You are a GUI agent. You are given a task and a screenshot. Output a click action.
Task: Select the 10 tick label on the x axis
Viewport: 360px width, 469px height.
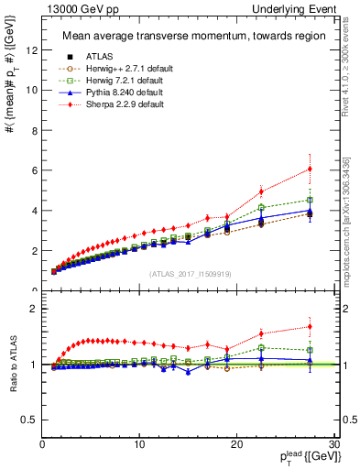click(139, 445)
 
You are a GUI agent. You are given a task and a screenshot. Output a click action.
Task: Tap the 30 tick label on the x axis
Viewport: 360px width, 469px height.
click(334, 445)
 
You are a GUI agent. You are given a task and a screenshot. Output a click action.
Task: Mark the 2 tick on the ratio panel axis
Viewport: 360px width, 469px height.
click(34, 309)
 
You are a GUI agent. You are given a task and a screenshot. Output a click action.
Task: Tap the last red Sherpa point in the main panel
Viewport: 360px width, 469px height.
click(310, 169)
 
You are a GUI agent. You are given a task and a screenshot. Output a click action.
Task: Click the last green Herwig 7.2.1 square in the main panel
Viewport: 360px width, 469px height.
click(310, 200)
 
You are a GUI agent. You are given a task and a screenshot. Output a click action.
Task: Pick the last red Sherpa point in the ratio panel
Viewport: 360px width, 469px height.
click(310, 327)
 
